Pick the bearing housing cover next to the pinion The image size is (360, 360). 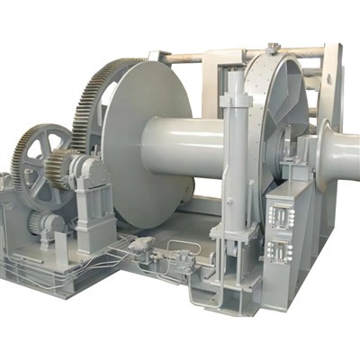pos(90,171)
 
